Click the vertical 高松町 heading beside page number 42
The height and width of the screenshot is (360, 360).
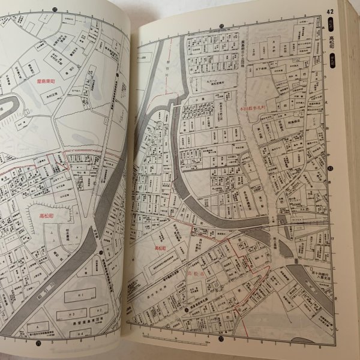pos(332,45)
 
